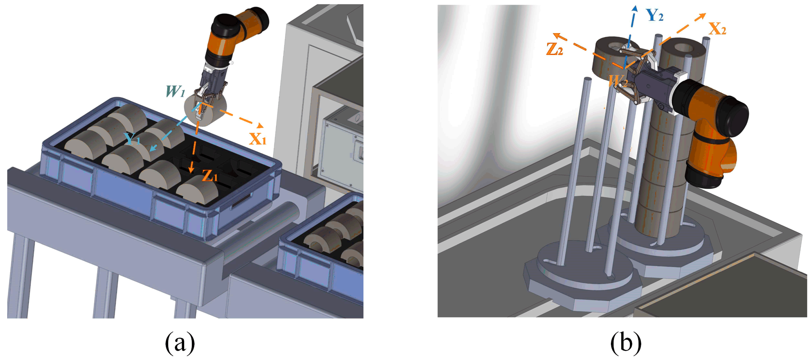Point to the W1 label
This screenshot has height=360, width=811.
(x=175, y=91)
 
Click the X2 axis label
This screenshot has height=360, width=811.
(x=717, y=29)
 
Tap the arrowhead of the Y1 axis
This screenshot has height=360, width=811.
(x=153, y=148)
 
